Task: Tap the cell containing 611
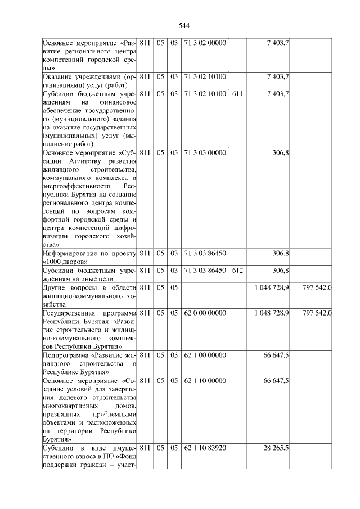[237, 93]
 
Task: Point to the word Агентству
[83, 161]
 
